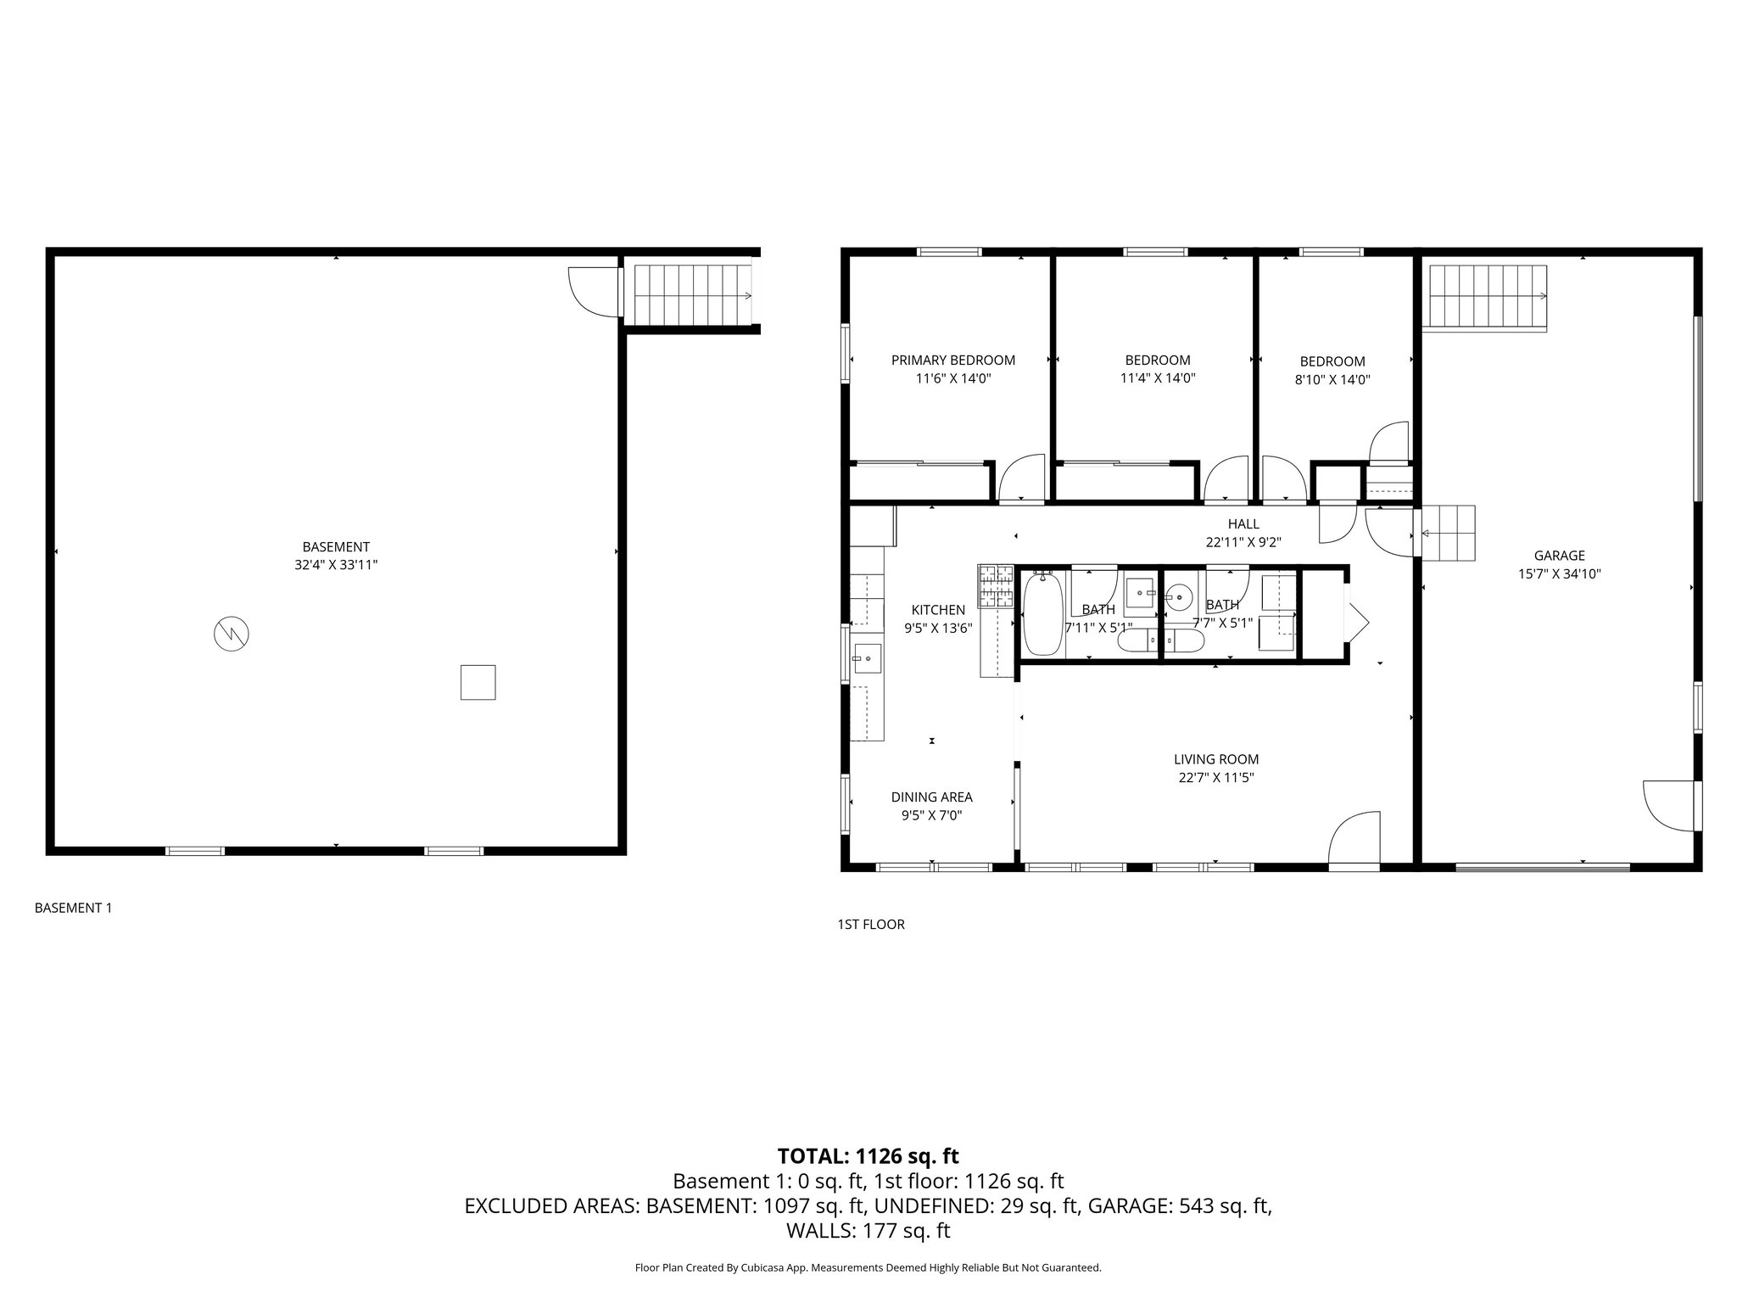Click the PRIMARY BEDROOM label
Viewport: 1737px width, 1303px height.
(x=952, y=360)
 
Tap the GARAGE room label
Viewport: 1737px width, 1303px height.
(x=1559, y=556)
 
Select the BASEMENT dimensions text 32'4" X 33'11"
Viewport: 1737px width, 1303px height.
(x=336, y=565)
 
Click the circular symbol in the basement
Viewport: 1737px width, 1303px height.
(x=232, y=634)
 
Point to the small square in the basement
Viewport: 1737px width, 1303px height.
(x=478, y=682)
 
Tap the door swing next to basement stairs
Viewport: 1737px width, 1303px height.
(x=595, y=293)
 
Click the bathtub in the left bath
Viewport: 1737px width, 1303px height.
(x=1042, y=613)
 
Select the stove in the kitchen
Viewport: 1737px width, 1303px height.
(x=996, y=586)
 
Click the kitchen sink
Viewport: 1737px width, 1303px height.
(x=867, y=657)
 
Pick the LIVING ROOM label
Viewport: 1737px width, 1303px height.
(x=1215, y=759)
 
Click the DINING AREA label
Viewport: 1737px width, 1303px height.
(x=931, y=797)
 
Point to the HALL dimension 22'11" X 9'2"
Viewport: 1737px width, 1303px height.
(x=1243, y=542)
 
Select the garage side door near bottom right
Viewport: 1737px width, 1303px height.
(x=1670, y=805)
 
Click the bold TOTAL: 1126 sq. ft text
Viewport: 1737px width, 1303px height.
(x=868, y=1156)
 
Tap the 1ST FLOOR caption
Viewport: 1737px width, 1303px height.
(x=870, y=925)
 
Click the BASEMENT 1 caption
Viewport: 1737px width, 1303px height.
(x=73, y=908)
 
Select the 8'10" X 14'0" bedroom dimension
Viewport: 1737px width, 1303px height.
(x=1332, y=380)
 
